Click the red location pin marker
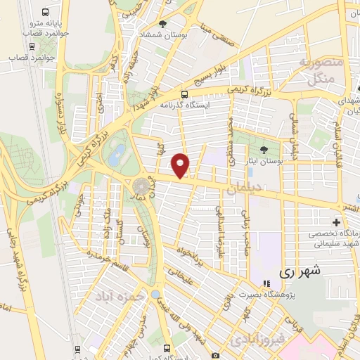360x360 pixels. click(x=181, y=165)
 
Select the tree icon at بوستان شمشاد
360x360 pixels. click(x=162, y=24)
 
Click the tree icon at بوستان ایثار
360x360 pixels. click(x=264, y=149)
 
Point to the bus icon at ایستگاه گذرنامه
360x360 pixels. click(x=184, y=94)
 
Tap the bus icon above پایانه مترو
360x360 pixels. click(x=46, y=13)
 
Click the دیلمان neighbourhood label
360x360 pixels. click(x=244, y=189)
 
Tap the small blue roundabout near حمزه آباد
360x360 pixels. click(x=155, y=294)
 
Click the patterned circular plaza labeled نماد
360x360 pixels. click(x=141, y=186)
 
